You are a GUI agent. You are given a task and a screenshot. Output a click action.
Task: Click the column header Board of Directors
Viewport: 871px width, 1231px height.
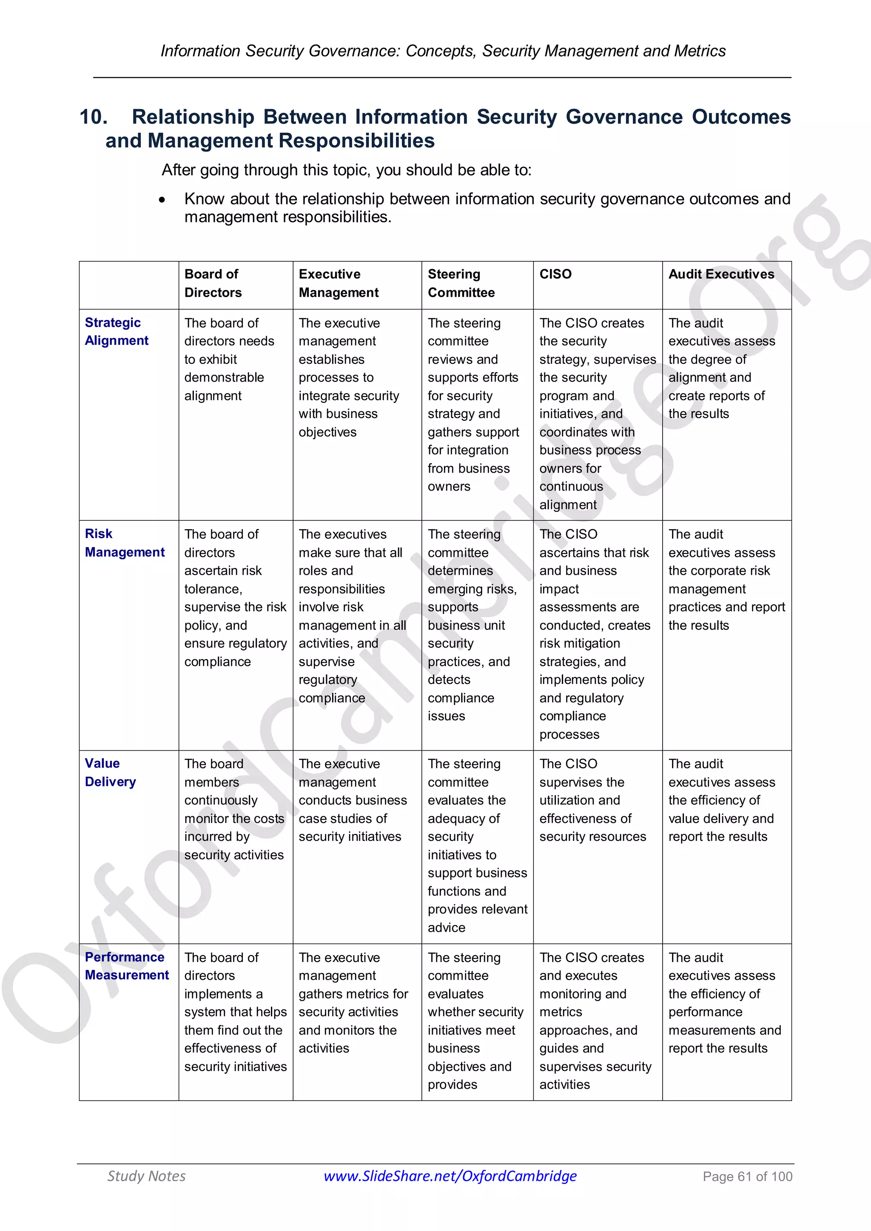213,283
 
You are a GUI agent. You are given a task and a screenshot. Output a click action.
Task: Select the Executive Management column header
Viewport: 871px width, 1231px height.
339,283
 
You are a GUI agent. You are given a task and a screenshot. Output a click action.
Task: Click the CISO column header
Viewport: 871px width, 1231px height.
555,274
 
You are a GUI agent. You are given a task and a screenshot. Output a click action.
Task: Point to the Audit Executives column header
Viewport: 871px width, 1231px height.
721,274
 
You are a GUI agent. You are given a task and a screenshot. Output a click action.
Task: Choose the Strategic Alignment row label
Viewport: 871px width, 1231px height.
117,331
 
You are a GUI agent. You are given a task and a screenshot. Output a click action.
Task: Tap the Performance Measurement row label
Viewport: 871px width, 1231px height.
127,966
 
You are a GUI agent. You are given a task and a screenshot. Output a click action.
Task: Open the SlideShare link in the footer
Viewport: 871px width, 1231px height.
450,1176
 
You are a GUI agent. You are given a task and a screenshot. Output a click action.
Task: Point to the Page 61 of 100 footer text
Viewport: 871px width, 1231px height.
747,1176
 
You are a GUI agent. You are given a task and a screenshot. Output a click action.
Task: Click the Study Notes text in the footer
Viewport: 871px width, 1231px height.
146,1176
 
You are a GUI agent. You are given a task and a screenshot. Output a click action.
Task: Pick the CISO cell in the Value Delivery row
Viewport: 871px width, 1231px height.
592,800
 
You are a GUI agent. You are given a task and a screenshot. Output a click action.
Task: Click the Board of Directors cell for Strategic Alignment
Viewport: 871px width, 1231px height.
229,359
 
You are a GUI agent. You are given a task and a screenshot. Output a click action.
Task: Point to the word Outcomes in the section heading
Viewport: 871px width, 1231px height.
741,117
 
